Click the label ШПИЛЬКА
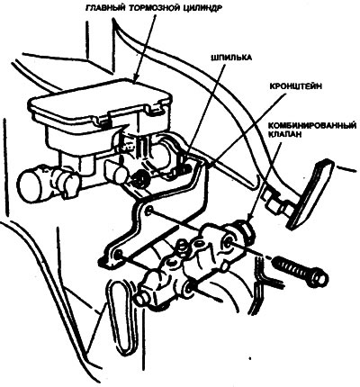tap(231, 58)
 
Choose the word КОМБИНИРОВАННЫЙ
tap(311, 125)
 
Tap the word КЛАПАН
tap(284, 134)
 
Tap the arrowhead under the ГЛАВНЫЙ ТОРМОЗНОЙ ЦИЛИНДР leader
tap(135, 78)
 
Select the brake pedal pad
tap(310, 194)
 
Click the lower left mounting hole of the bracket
tap(118, 255)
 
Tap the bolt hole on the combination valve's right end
tap(228, 241)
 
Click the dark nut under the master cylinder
tap(139, 177)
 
